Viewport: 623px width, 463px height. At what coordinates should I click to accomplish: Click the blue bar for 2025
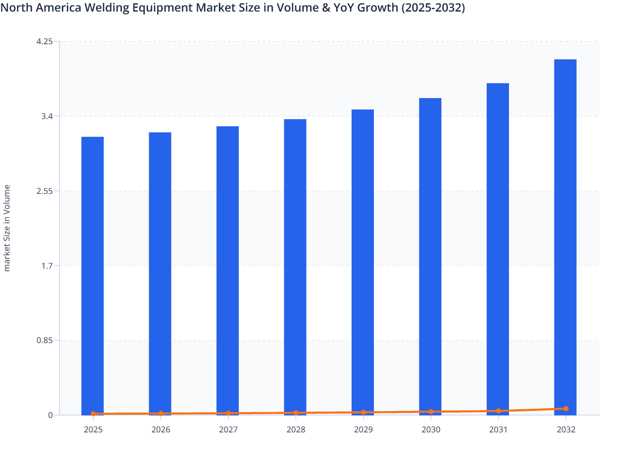pos(93,275)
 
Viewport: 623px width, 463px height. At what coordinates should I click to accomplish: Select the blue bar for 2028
pos(295,267)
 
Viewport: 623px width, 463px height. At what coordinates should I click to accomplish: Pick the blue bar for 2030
pos(430,256)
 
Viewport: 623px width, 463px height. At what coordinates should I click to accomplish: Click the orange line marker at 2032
pos(566,408)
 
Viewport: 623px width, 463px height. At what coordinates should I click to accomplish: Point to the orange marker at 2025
pos(93,414)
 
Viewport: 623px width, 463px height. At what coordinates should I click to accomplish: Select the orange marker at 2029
pos(363,412)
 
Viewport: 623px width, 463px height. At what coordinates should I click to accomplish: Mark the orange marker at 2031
pos(498,411)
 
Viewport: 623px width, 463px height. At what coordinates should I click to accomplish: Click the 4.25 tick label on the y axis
pos(45,41)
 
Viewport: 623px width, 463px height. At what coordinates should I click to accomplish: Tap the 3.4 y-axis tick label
pos(47,116)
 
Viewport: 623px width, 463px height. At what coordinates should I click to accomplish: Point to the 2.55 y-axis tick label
pos(45,191)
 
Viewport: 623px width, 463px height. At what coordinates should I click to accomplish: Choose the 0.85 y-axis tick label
pos(45,341)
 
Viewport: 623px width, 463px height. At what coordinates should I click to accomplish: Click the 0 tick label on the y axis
pos(50,415)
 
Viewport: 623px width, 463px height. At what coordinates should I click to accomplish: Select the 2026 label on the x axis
pos(161,430)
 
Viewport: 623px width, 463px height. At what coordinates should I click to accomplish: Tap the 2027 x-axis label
pos(228,430)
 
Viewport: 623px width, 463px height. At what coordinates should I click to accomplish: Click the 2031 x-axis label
pos(498,430)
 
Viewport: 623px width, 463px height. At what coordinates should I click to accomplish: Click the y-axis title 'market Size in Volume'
pos(7,228)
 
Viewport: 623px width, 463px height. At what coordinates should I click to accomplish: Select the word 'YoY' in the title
pos(345,7)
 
